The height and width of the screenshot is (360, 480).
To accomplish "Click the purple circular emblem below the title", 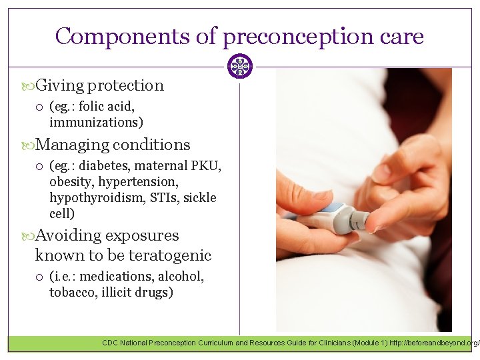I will pos(239,67).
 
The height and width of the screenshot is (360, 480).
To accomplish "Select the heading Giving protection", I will pos(99,85).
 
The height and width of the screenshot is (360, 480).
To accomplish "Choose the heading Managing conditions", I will pos(113,145).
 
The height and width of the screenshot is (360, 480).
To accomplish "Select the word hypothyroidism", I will pos(90,197).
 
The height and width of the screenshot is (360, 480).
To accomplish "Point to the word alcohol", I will pos(181,276).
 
